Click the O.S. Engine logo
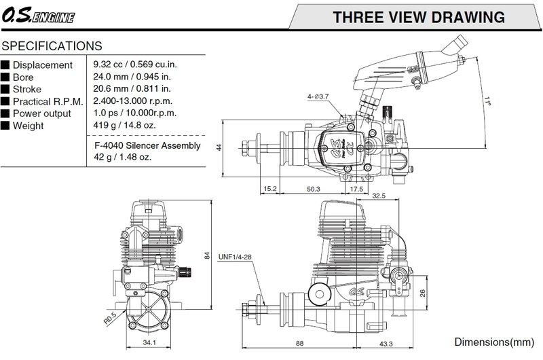point(38,16)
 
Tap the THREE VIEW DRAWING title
point(419,18)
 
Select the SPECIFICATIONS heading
point(52,46)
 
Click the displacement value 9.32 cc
point(108,65)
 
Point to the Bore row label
point(23,77)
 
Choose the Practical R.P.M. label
point(48,101)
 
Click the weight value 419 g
point(105,125)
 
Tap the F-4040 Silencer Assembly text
point(147,145)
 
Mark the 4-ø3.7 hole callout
point(318,96)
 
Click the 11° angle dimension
point(487,101)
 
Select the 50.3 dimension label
point(314,189)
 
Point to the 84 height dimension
point(207,255)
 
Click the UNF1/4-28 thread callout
point(235,257)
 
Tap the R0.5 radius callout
point(110,319)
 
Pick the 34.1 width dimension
point(149,342)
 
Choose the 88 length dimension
point(300,344)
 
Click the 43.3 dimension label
point(386,344)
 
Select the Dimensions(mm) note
point(494,342)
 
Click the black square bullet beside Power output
point(5,113)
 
